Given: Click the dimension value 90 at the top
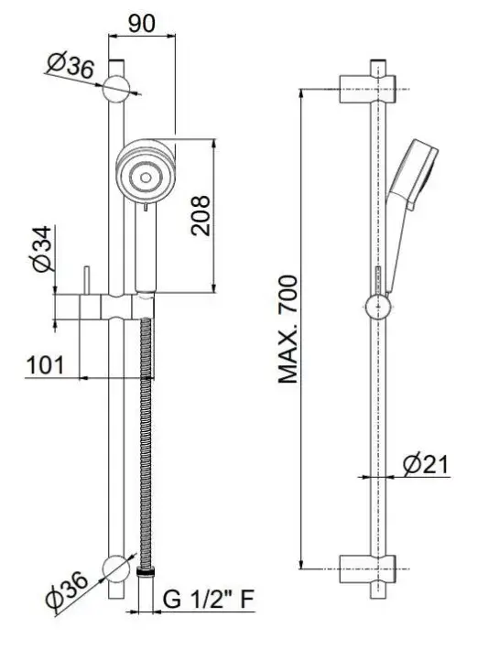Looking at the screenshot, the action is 142,24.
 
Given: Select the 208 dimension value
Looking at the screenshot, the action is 201,215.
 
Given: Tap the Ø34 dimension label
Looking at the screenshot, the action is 42,249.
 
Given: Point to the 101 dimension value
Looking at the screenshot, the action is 46,365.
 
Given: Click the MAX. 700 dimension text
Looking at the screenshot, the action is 288,330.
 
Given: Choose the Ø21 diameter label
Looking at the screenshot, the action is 426,464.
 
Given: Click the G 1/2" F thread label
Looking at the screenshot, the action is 209,599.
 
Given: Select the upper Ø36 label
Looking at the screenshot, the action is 71,65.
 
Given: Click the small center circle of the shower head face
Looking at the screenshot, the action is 146,179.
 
